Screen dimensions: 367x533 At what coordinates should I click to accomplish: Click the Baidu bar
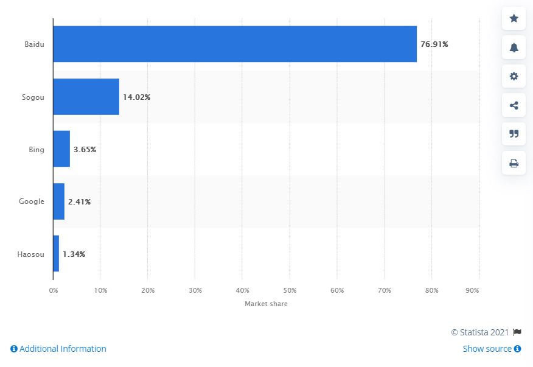coord(234,44)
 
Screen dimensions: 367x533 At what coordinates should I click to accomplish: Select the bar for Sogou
coord(86,97)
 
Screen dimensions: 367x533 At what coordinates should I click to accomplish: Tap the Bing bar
coord(61,149)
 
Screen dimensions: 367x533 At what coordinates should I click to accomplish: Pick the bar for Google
coord(58,201)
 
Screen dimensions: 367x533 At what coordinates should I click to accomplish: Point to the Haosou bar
coord(56,254)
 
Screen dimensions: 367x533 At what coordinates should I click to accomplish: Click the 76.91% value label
coord(434,44)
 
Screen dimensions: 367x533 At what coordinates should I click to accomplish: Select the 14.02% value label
coord(136,97)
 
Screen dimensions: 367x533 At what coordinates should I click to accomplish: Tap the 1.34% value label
coord(74,254)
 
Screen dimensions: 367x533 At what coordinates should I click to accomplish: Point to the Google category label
coord(32,201)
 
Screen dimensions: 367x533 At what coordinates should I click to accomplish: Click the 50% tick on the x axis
coord(290,290)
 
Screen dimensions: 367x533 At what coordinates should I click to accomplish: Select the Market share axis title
coord(266,304)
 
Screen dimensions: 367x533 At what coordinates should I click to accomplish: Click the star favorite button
coord(514,19)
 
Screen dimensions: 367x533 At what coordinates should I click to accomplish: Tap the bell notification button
coord(514,47)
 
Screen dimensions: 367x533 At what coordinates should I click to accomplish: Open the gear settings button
coord(514,76)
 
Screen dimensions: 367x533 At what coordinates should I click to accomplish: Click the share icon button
coord(514,105)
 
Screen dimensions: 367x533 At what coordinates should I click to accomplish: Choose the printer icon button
coord(514,163)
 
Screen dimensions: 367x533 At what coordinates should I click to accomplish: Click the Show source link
coord(492,349)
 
